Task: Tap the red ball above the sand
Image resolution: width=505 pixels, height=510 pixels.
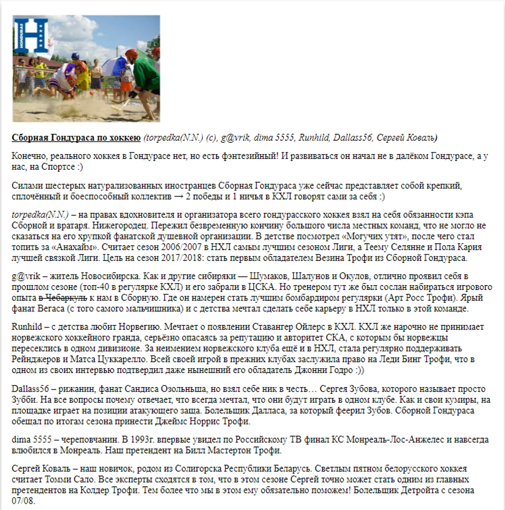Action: (91, 93)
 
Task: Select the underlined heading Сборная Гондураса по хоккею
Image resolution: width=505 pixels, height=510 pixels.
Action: (76, 138)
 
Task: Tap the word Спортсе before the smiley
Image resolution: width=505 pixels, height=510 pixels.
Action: (58, 167)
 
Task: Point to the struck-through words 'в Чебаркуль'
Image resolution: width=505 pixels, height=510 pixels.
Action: (63, 298)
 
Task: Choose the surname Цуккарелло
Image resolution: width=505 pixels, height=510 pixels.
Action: (111, 359)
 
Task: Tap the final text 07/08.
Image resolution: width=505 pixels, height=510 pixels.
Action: (23, 501)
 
